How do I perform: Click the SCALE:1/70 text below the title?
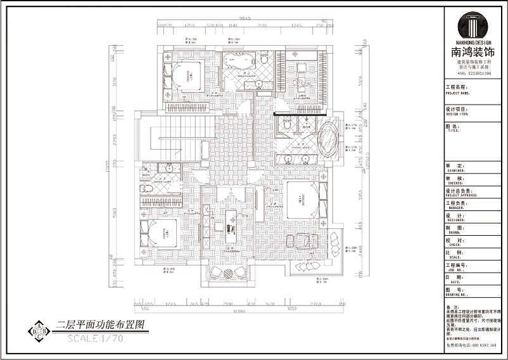[95, 337]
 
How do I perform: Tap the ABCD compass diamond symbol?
[40, 331]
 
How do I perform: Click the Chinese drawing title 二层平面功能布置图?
[101, 325]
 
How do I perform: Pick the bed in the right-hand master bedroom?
[304, 199]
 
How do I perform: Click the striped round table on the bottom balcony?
[229, 272]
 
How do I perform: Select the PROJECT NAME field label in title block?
[456, 89]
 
